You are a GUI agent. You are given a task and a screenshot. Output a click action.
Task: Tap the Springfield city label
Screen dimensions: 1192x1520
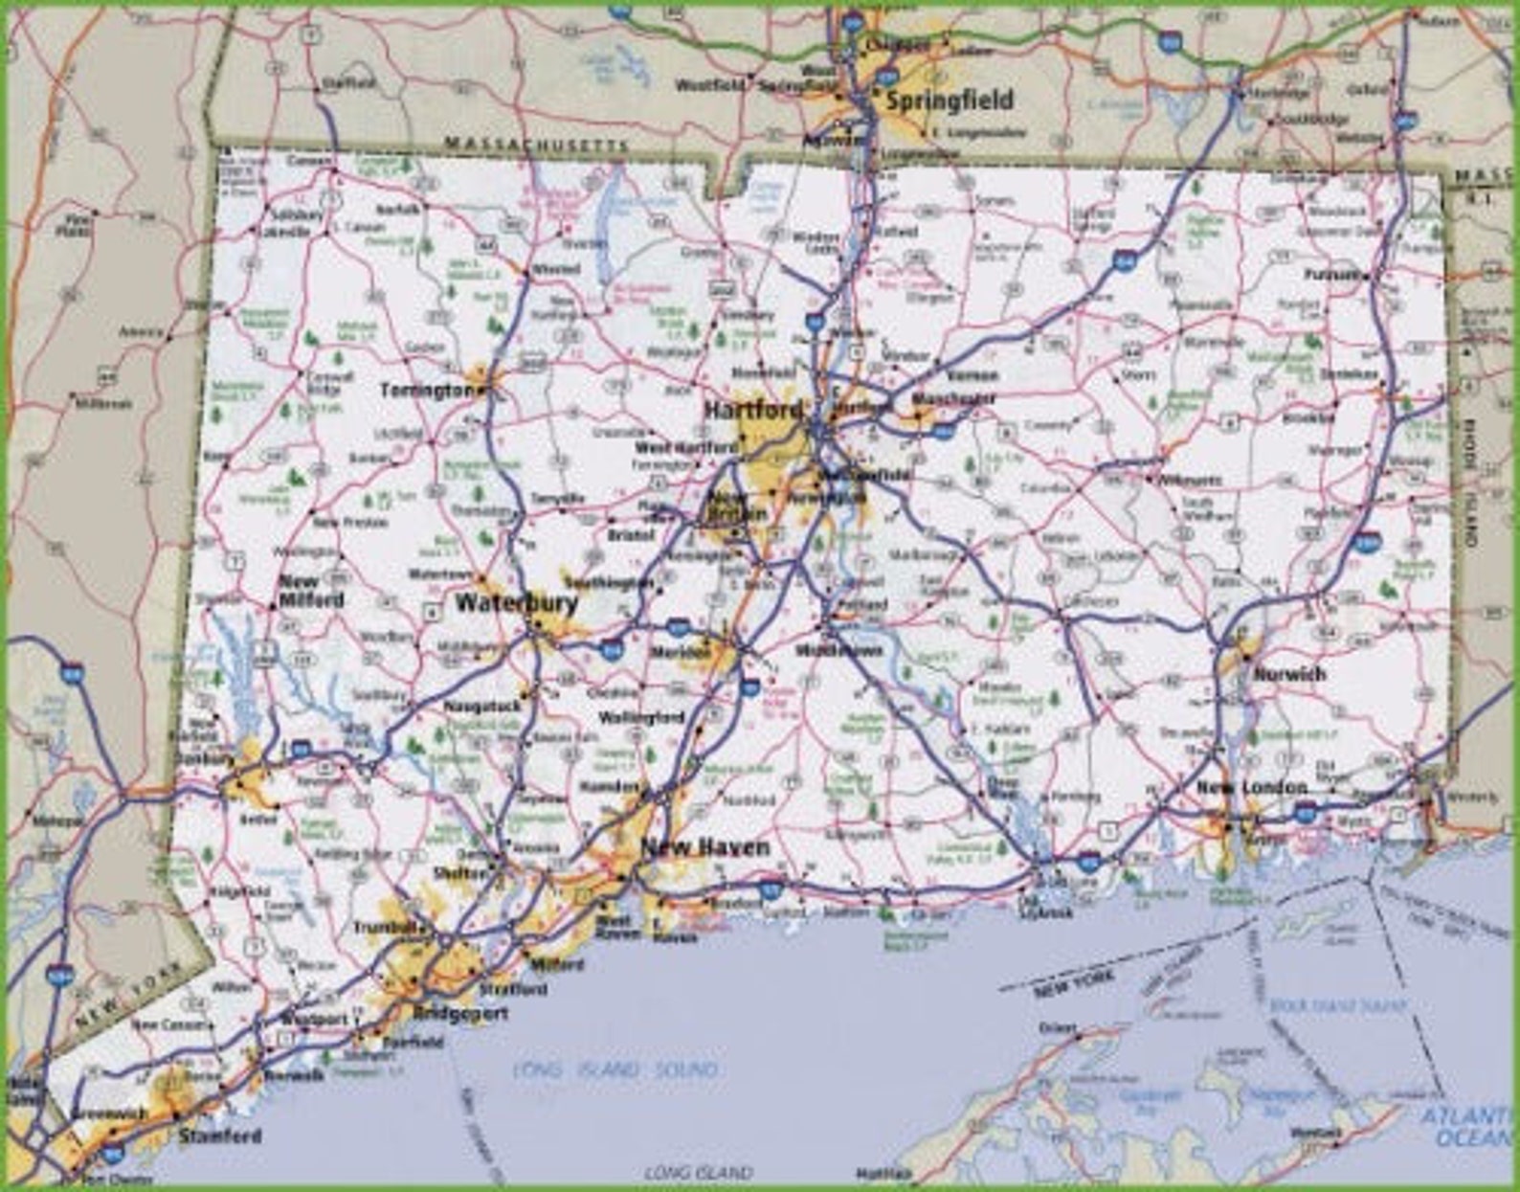click(949, 101)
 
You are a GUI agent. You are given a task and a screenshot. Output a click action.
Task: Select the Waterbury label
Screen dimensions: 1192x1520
click(516, 602)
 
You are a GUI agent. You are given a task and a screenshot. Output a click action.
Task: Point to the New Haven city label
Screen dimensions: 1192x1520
click(704, 846)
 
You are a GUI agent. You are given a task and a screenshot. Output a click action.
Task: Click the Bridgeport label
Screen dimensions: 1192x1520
click(460, 1013)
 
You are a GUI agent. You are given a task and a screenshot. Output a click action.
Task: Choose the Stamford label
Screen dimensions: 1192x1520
click(219, 1136)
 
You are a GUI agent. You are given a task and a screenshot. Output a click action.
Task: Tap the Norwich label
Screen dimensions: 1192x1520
click(1289, 673)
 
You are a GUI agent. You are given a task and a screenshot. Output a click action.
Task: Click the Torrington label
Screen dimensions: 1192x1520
click(427, 390)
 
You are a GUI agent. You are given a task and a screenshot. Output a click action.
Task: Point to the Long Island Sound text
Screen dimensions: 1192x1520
click(615, 1069)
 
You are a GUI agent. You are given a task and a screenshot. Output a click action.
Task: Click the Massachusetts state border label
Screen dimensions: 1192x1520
click(536, 144)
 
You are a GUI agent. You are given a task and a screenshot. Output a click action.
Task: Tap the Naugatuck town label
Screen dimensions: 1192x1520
click(482, 706)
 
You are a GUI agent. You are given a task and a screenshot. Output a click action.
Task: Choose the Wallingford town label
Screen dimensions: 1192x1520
click(641, 717)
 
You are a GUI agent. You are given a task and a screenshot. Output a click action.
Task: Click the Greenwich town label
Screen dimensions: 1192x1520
click(111, 1113)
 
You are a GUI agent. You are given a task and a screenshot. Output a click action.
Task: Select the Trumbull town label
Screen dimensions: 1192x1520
click(384, 927)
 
